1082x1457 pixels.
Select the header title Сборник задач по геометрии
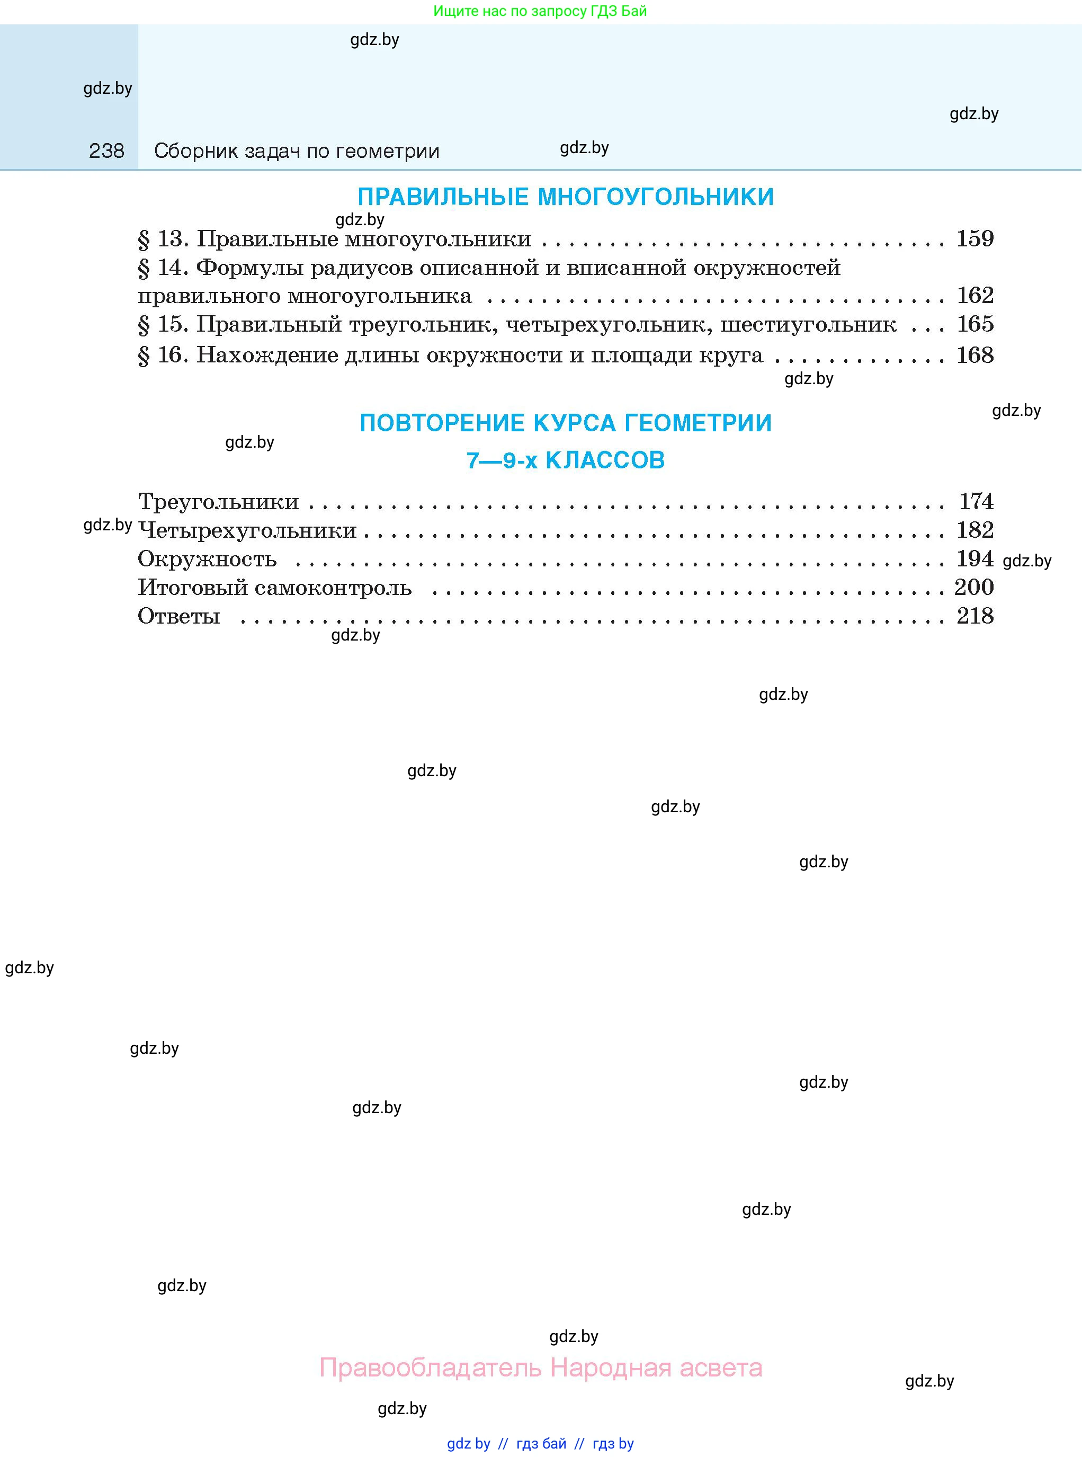coord(296,152)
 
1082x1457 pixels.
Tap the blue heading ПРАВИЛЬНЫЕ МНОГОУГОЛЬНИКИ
coord(566,197)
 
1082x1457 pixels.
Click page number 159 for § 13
coord(974,238)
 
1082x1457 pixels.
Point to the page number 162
coord(974,296)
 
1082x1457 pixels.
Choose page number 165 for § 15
coord(974,324)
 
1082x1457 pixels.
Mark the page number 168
coord(974,355)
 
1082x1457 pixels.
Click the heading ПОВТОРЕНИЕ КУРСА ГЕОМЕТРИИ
coord(566,423)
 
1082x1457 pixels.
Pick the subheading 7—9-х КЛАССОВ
coord(566,460)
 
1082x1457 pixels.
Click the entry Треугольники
coord(219,502)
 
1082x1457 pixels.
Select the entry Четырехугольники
coord(247,530)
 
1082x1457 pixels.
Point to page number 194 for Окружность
coord(974,559)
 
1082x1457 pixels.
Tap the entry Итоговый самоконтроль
coord(275,588)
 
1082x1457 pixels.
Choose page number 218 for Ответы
coord(974,616)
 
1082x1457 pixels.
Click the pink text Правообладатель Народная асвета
coord(541,1367)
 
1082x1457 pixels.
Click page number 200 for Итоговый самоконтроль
coord(974,587)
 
